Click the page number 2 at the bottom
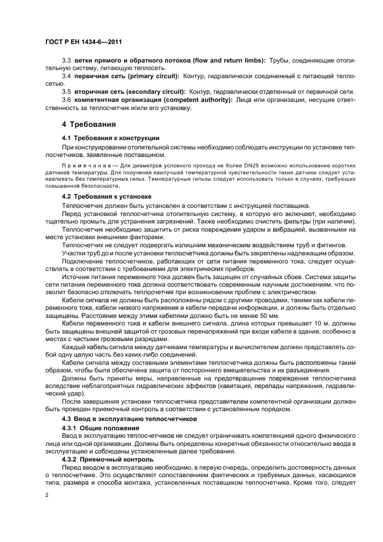click(47, 495)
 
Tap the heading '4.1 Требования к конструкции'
click(110, 138)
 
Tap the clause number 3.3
click(66, 60)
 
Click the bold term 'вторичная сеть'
click(99, 91)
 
